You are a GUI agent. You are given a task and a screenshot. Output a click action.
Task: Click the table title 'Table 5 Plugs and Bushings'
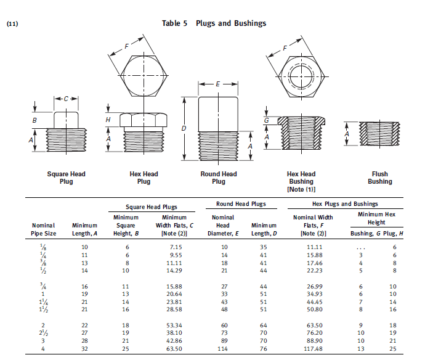pos(214,23)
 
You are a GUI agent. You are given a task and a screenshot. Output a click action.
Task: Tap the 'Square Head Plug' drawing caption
pos(66,178)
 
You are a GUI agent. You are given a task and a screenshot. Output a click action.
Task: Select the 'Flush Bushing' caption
pos(380,178)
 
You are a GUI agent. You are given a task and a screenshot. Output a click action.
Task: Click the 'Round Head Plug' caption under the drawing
pos(219,178)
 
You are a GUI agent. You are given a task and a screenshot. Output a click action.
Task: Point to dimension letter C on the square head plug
pos(67,99)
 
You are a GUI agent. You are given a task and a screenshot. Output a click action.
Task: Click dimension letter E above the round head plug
pos(218,83)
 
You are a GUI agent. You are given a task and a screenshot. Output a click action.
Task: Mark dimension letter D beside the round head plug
pos(184,128)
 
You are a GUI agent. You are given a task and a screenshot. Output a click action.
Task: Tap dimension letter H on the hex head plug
pos(108,118)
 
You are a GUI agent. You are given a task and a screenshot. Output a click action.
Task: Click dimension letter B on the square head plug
pos(34,120)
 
